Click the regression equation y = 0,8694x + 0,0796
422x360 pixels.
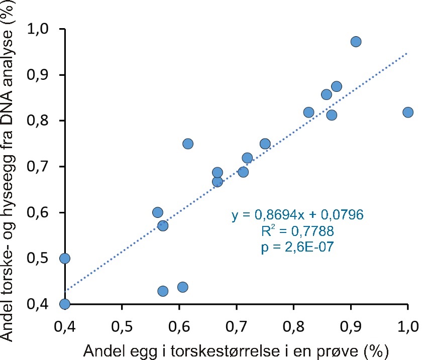[297, 215]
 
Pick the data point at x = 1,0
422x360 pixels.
[408, 112]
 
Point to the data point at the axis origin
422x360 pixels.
[64, 304]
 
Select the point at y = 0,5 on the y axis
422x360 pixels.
[64, 258]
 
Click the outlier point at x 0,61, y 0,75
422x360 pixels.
[188, 144]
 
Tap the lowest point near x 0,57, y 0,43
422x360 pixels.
[163, 291]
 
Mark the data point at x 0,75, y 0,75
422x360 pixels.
[265, 144]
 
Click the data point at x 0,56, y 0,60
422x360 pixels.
[158, 212]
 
